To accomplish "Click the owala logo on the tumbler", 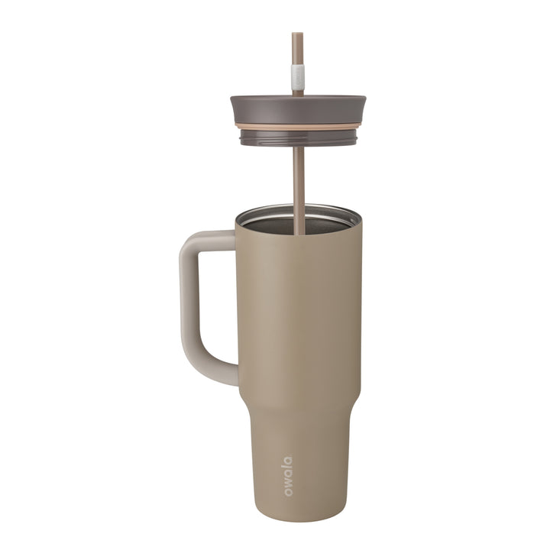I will (x=287, y=476).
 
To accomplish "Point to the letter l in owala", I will (x=287, y=467).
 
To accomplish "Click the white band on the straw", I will (x=297, y=76).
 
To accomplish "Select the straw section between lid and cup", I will (x=299, y=176).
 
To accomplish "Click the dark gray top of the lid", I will (x=298, y=107).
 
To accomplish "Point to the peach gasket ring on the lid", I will (x=298, y=125).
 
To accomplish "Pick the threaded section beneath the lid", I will (x=298, y=138).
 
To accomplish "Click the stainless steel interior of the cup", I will (x=275, y=223).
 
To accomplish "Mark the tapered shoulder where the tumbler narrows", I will (x=298, y=397).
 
